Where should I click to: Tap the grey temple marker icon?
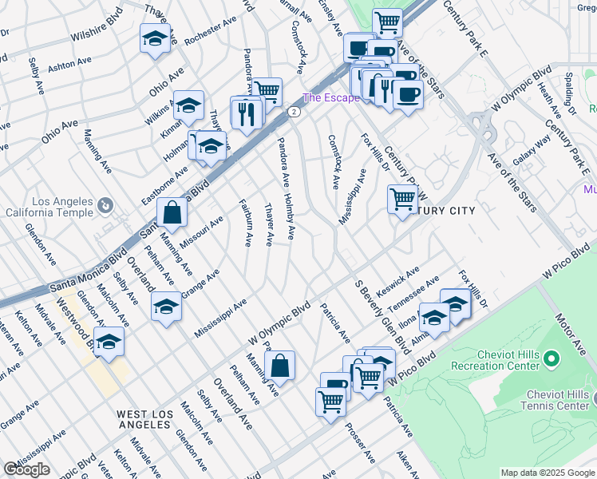[105, 208]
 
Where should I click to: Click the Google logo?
[26, 469]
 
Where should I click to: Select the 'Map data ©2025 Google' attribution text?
[548, 473]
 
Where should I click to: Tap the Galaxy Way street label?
[532, 150]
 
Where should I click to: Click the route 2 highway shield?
[295, 113]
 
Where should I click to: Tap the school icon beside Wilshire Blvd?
[155, 38]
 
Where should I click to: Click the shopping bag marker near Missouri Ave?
[172, 212]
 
